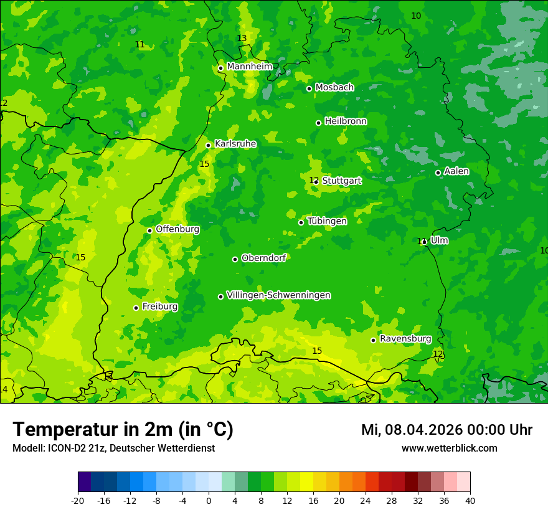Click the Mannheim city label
250,67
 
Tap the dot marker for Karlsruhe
209,145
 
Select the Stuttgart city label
341,181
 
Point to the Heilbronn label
346,121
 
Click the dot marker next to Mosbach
309,88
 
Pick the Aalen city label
456,171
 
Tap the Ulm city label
439,240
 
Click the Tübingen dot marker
301,222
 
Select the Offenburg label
177,229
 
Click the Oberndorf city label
263,258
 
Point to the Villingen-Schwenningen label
278,295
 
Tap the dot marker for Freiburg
136,308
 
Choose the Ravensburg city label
405,339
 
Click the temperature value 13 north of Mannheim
242,38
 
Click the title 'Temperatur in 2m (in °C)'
123,429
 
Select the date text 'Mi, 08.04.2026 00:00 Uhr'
446,430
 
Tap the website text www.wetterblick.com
449,448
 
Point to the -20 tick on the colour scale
78,500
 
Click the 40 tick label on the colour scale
470,500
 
